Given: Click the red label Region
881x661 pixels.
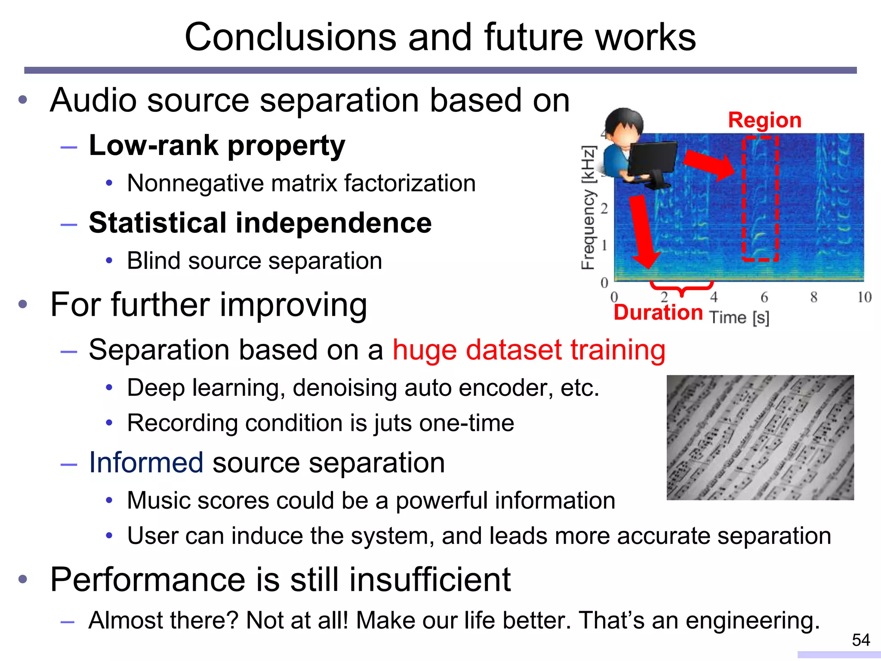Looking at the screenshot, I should [764, 120].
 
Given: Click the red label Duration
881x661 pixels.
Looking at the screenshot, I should [658, 312].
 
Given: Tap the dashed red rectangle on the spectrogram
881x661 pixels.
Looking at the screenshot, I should [760, 198].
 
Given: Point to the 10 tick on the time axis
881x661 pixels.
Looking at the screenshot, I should [864, 297].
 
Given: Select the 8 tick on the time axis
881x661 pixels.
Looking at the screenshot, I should [813, 297].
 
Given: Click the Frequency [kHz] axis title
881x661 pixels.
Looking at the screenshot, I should [588, 208].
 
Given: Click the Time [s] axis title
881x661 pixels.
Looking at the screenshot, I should [739, 318].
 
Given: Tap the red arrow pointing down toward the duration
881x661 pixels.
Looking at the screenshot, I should [643, 232].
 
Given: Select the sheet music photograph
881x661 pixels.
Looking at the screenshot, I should [760, 437].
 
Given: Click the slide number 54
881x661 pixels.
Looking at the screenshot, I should [860, 640].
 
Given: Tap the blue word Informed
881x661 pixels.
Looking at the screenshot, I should [146, 463].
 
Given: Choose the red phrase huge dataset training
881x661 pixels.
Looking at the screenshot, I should [529, 349].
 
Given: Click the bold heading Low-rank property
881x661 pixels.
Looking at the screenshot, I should [217, 145].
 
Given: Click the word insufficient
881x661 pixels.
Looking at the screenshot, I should [429, 580].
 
